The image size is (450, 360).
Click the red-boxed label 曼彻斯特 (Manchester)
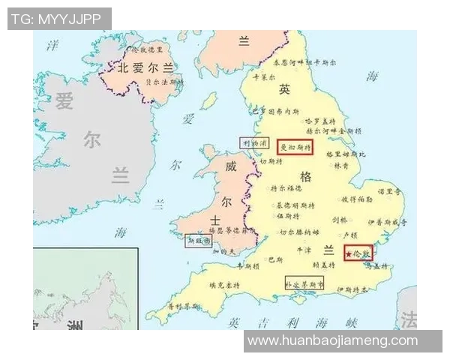294,147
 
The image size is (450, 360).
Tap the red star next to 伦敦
349,254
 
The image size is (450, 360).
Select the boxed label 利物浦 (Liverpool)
254,142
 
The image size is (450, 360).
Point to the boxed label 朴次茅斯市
304,284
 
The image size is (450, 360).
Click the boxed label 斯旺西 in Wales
199,241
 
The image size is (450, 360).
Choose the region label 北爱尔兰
140,67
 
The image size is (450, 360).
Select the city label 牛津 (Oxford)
304,249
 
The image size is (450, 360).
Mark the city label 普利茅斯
184,306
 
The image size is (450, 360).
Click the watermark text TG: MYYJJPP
59,19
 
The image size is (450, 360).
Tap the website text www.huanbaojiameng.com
332,340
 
